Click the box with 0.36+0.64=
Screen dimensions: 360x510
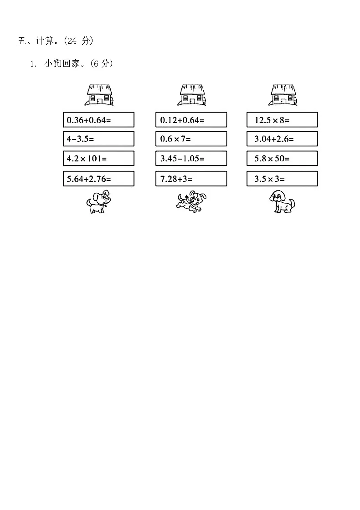98,120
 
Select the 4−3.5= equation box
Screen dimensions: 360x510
98,139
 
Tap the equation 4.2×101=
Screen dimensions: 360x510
98,159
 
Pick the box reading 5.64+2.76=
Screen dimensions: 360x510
98,179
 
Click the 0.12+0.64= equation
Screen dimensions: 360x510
191,120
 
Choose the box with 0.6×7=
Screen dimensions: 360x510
191,139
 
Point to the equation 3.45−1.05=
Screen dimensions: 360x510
191,159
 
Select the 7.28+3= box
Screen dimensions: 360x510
191,179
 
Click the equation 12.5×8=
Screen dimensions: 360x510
282,120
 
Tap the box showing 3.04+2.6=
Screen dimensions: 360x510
282,139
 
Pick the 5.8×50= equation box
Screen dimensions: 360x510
282,159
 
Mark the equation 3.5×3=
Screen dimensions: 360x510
282,179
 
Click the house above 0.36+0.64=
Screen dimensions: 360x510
99,95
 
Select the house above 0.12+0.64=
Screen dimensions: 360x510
192,95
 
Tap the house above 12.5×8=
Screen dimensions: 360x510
283,95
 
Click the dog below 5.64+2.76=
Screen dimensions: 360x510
98,202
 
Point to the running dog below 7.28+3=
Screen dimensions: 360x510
191,202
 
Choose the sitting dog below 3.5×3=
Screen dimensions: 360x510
282,201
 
